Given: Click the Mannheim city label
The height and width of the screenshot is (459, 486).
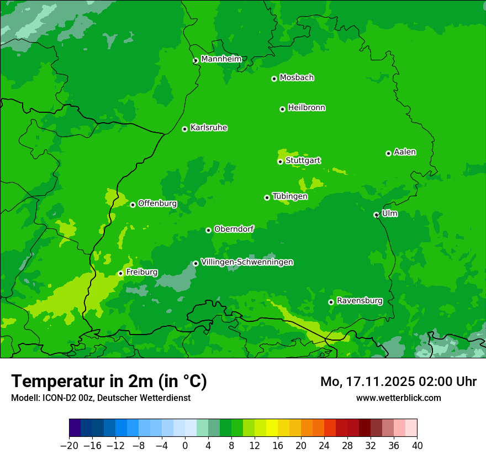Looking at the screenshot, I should tap(221, 59).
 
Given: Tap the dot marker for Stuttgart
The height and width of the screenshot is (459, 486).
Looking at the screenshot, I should tap(281, 161).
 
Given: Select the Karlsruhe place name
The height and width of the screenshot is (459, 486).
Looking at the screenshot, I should tap(209, 128).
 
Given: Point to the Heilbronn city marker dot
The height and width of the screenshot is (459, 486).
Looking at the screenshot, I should tap(282, 109).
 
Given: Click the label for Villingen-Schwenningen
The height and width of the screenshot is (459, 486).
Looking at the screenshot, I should tap(247, 262).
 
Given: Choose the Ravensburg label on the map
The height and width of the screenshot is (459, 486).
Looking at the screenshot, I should tap(360, 301).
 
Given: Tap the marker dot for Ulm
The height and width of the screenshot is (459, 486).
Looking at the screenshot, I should tap(376, 215).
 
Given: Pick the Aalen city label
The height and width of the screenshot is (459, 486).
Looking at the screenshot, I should tap(405, 152).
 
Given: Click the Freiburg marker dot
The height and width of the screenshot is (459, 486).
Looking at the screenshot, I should tap(120, 273).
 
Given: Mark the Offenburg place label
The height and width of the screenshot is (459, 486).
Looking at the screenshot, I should tap(157, 204).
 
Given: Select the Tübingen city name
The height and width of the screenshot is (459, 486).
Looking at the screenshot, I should tap(290, 196).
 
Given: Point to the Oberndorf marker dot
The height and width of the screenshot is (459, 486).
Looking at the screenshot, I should tap(208, 230).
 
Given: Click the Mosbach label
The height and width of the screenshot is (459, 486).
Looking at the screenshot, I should tap(297, 78).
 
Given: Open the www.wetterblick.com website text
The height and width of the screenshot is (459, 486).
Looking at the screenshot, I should tap(398, 398).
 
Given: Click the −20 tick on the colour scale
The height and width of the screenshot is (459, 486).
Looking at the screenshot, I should tap(69, 446).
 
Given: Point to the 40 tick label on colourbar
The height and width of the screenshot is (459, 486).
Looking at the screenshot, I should tap(417, 446).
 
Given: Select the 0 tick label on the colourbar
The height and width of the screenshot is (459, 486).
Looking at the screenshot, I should tap(185, 446).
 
